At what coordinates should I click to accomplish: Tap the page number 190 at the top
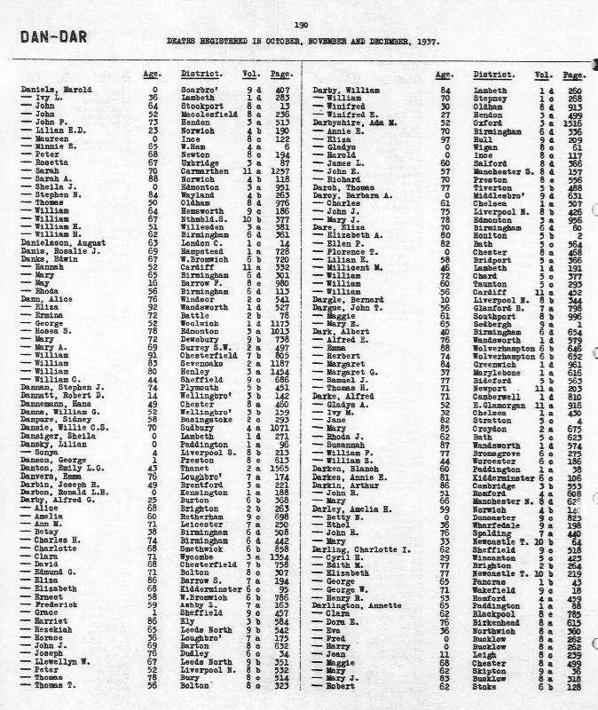point(300,27)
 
